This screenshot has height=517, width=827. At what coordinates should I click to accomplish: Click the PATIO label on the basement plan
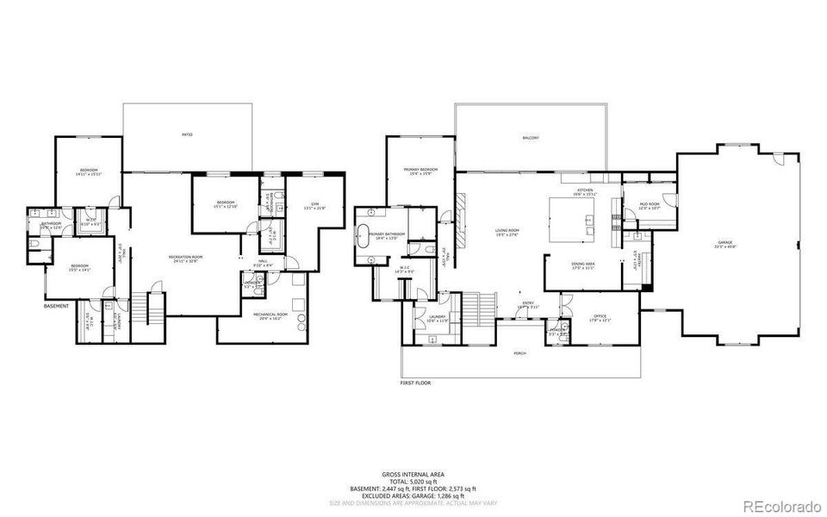point(187,135)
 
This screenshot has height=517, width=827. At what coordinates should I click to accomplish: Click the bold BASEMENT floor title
point(57,306)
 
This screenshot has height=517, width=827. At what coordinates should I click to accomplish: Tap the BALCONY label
point(531,138)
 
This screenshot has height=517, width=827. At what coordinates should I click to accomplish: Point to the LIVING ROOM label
point(507,232)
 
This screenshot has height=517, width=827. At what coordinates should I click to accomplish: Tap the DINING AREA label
point(583,265)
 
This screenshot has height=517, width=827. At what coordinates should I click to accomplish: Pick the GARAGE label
point(725,245)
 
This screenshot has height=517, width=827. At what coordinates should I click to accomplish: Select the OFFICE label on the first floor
point(600,318)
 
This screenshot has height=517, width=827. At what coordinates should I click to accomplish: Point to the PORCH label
point(520,353)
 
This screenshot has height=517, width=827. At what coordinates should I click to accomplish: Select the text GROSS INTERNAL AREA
point(413,475)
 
